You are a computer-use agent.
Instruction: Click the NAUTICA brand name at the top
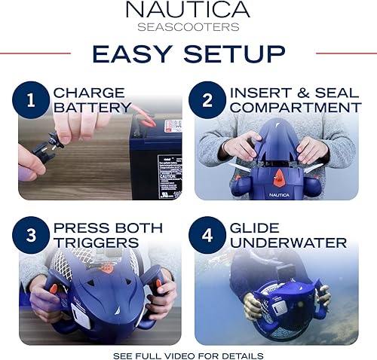click(188, 11)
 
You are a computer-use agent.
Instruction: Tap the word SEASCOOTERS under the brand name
click(188, 28)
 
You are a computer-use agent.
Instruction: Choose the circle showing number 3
click(32, 234)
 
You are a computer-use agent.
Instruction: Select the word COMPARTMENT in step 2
click(296, 108)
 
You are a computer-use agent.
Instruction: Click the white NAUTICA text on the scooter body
click(278, 194)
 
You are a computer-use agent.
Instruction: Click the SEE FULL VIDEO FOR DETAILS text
click(188, 354)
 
